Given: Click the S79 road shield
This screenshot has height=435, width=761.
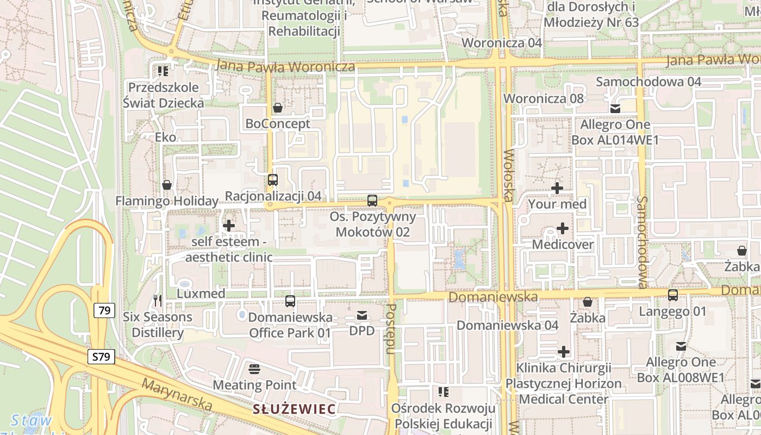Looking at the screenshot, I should pyautogui.click(x=101, y=357).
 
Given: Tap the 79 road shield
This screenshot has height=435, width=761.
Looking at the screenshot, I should pyautogui.click(x=104, y=310).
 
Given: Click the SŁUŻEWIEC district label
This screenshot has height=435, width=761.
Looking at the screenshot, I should pyautogui.click(x=294, y=409).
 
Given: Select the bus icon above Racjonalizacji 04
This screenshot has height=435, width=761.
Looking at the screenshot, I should pyautogui.click(x=273, y=179).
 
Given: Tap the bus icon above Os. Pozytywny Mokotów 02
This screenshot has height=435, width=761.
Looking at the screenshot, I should pyautogui.click(x=372, y=200).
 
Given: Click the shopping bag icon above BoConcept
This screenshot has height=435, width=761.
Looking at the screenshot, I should pyautogui.click(x=278, y=108).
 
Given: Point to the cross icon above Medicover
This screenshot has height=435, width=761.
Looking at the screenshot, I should pyautogui.click(x=563, y=228).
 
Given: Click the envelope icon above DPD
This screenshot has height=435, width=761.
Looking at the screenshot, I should pyautogui.click(x=362, y=315).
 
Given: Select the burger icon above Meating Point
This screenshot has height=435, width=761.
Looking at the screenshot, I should pyautogui.click(x=254, y=369).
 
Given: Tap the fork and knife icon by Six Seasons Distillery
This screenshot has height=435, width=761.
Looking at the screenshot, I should pyautogui.click(x=158, y=300).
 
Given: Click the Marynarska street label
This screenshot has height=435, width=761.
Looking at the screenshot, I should pyautogui.click(x=177, y=394).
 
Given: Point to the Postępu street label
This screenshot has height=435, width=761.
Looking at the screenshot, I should pyautogui.click(x=390, y=329).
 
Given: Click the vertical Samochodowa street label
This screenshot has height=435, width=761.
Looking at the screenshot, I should pyautogui.click(x=643, y=242).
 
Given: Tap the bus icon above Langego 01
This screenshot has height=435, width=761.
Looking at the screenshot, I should pyautogui.click(x=672, y=295).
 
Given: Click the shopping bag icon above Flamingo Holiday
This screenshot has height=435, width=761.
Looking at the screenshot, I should pyautogui.click(x=167, y=185).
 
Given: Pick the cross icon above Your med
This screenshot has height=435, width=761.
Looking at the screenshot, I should pyautogui.click(x=557, y=188).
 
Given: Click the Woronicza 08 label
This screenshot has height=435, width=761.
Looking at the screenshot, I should pyautogui.click(x=544, y=98).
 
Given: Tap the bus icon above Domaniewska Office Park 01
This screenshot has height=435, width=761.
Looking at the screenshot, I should pyautogui.click(x=290, y=301).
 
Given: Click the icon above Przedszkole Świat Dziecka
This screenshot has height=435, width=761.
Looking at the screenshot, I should pyautogui.click(x=163, y=71).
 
